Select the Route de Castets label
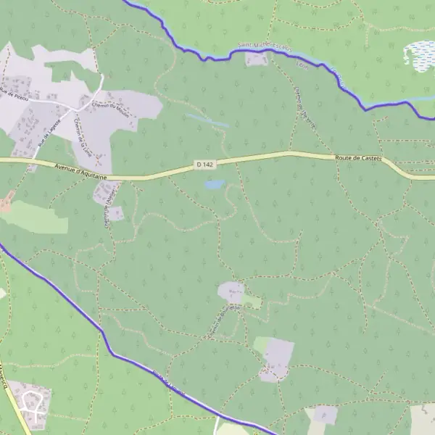coord(358,157)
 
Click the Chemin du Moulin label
coord(110,105)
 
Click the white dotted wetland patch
coord(420,54)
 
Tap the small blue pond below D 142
coord(214,185)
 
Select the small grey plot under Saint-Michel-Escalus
coord(256,59)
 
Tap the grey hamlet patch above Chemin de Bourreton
coord(231,292)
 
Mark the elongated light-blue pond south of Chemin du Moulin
coord(207,120)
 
